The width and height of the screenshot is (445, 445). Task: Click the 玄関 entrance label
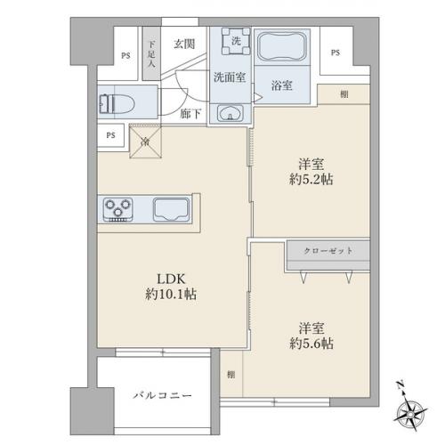click(184, 44)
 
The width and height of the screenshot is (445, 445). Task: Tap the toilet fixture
click(117, 104)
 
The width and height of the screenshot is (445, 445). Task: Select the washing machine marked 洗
click(236, 41)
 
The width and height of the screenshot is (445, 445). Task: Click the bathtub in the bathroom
click(282, 47)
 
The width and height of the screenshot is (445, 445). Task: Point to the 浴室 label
click(282, 85)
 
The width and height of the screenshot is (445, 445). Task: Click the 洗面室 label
click(230, 77)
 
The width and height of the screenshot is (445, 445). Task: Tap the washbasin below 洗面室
click(230, 113)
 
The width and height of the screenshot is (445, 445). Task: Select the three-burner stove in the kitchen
click(117, 210)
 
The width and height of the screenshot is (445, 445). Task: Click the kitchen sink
click(171, 209)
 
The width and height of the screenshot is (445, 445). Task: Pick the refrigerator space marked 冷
click(145, 142)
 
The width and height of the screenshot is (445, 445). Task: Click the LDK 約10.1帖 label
click(171, 287)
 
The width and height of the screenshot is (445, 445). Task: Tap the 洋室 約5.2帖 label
click(311, 172)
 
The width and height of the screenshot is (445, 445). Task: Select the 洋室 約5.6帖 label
click(311, 336)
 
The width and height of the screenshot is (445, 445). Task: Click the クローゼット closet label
click(328, 251)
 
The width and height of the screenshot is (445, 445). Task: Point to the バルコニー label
click(162, 395)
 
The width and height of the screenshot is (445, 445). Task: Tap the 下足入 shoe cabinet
click(151, 53)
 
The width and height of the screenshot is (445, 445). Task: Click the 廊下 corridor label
click(190, 114)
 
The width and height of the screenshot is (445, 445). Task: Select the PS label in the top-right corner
click(336, 53)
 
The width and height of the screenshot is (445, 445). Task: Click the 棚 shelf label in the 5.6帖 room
click(231, 375)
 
